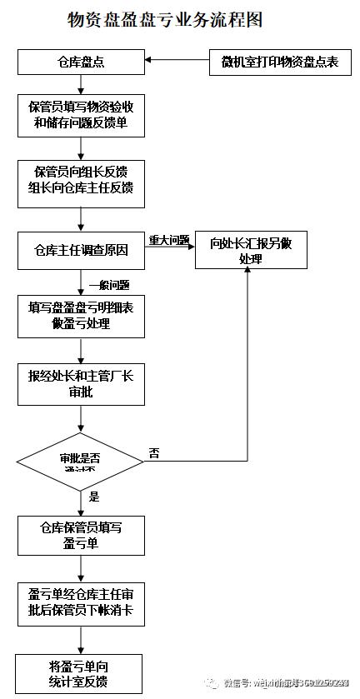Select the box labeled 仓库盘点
[x=80, y=62]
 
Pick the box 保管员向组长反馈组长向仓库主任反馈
[x=80, y=181]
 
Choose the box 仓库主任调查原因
[x=80, y=250]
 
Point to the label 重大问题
[x=169, y=240]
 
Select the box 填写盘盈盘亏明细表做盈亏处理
[x=80, y=316]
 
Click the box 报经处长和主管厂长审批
[x=80, y=383]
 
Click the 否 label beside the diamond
[x=154, y=454]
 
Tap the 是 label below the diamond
[x=93, y=497]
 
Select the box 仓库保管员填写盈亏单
[x=80, y=534]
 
